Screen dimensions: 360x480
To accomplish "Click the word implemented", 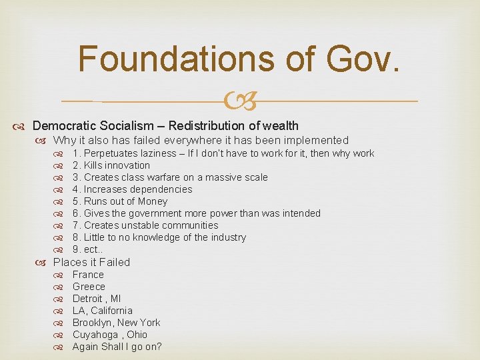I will pos(315,140).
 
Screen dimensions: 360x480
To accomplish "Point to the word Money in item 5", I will pos(153,201).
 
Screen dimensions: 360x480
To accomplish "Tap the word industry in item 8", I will pos(227,237).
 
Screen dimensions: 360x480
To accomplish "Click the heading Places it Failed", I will pos(91,262).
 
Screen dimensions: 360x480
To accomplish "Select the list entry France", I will pos(88,275).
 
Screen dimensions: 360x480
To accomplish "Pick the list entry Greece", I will pos(89,287).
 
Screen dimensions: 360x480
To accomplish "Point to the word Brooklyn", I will pos(93,323).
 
